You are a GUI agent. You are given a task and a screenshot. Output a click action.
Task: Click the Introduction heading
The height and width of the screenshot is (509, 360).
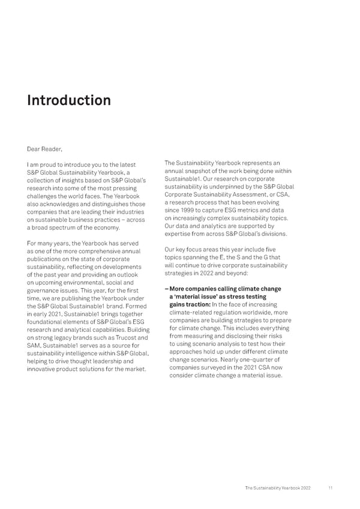click(69, 100)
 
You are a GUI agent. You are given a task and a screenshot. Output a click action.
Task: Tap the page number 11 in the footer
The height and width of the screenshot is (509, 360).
click(331, 487)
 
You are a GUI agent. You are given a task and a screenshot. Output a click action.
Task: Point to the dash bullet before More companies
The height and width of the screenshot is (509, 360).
click(166, 289)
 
